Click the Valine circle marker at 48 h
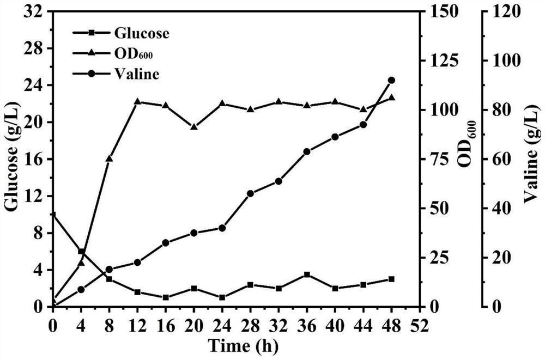tap(391, 80)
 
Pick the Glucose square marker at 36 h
tap(307, 274)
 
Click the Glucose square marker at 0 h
tap(53, 215)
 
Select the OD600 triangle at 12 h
tap(137, 101)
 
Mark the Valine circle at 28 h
tap(250, 193)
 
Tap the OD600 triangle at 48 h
tap(391, 97)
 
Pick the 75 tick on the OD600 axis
tap(438, 159)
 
